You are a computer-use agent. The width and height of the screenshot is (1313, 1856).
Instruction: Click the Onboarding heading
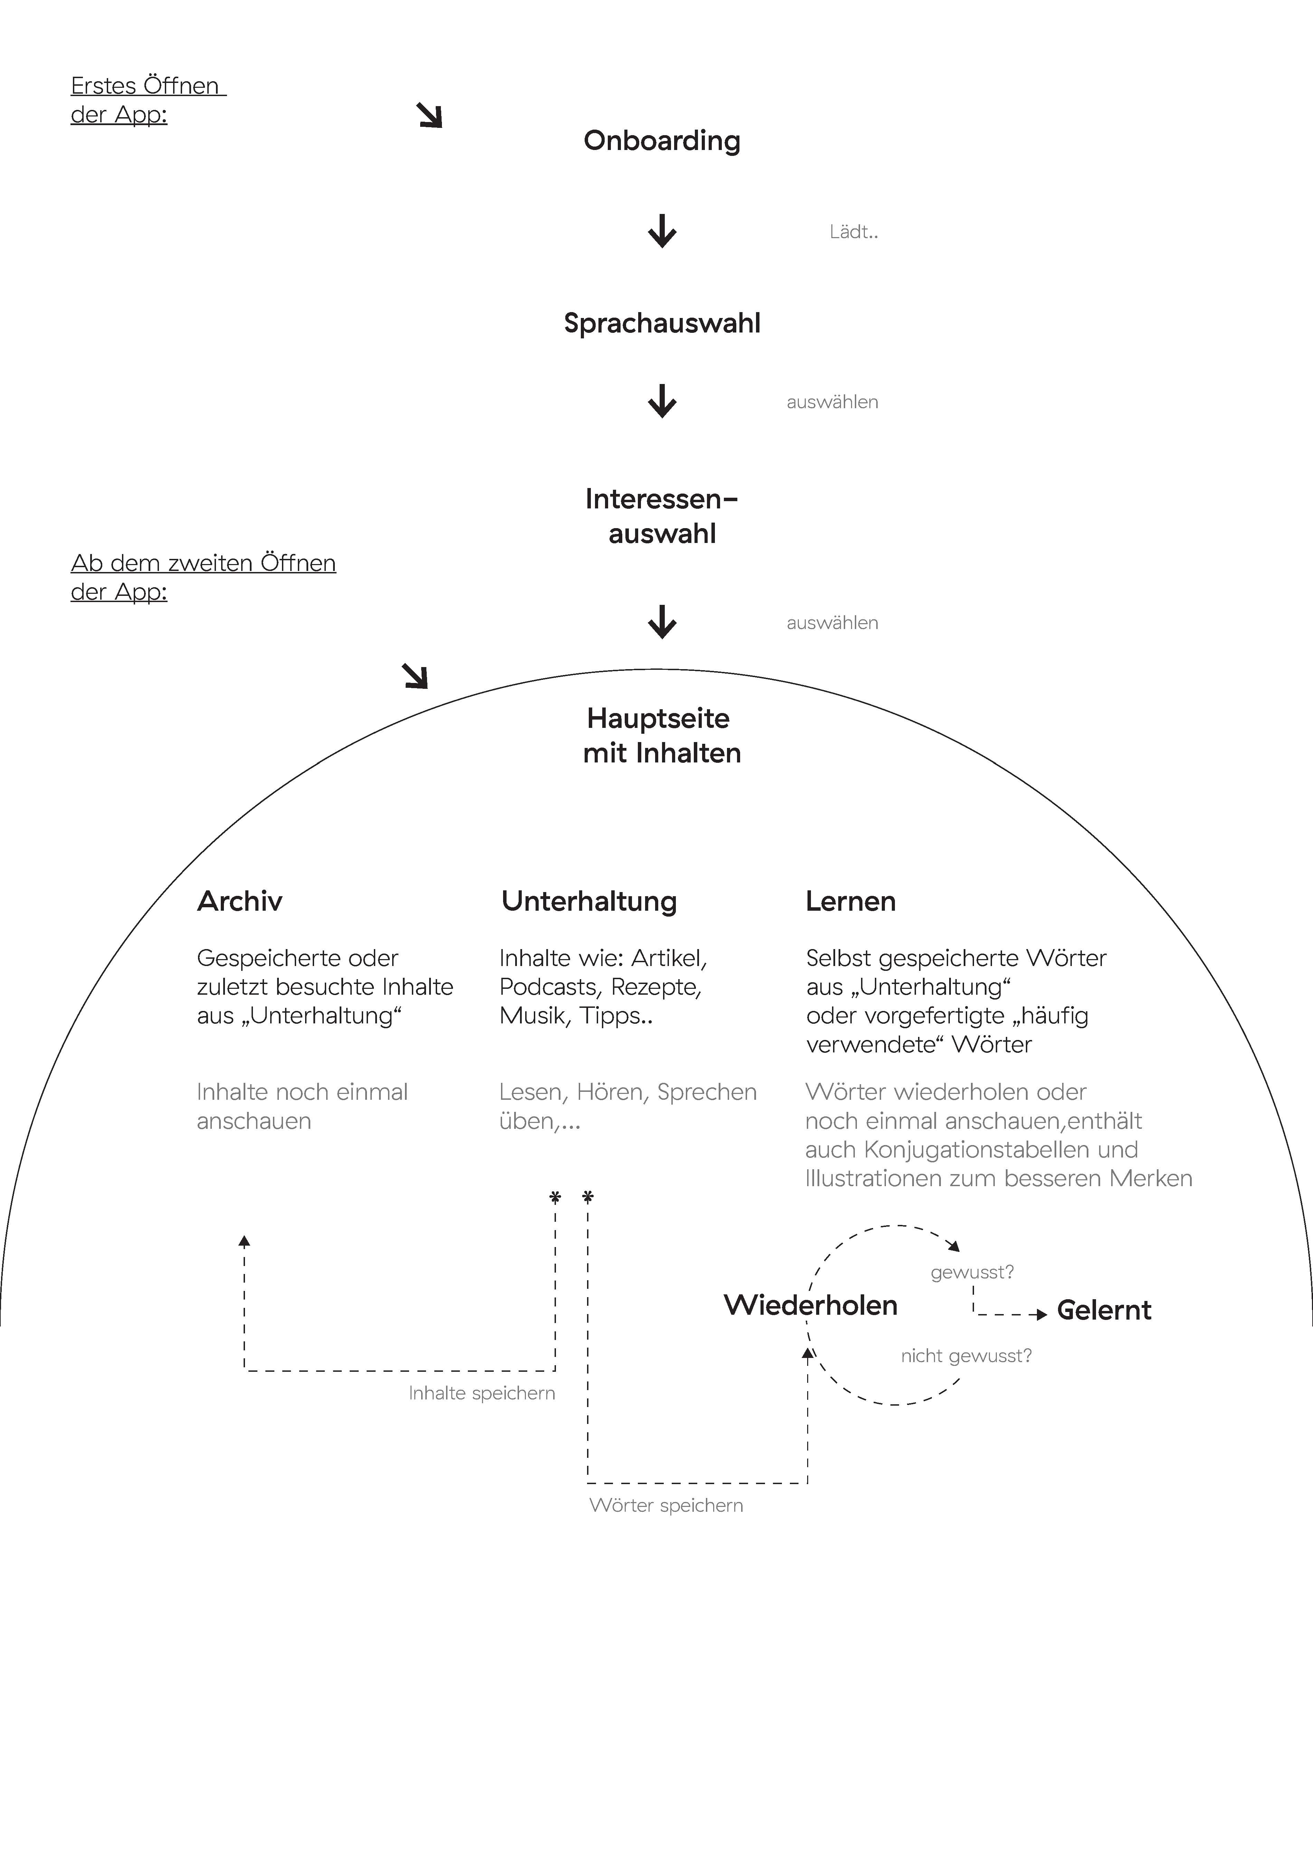[661, 141]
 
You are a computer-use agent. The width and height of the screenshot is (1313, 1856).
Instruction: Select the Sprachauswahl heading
[661, 324]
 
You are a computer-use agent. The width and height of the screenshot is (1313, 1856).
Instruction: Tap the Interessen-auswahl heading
[661, 516]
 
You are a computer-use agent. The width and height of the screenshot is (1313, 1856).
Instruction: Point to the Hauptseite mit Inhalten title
[661, 735]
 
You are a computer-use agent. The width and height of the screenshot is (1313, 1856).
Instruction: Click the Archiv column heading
[239, 901]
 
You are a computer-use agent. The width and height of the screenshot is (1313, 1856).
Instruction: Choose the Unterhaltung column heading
[588, 901]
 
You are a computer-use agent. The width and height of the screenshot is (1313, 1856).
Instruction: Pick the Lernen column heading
[851, 901]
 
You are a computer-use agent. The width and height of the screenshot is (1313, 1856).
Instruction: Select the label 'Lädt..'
[853, 232]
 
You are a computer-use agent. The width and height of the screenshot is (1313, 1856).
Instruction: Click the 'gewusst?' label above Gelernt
[972, 1272]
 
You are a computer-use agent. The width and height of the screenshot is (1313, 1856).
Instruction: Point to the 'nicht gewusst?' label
[966, 1356]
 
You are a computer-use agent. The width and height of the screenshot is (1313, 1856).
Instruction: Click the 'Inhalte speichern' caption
[482, 1393]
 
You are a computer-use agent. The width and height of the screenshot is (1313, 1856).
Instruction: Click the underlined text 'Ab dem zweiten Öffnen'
[203, 563]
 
